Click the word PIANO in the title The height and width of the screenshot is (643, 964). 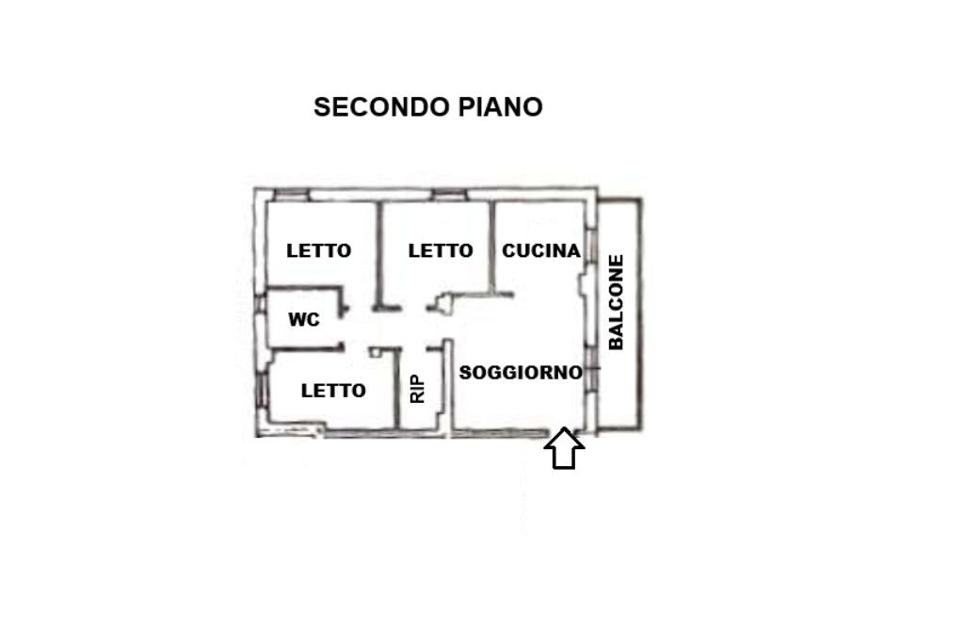[x=501, y=107]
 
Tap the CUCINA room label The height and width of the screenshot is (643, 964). [x=540, y=250]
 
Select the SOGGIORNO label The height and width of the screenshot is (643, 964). [x=521, y=373]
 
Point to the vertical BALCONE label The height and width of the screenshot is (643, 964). [x=617, y=302]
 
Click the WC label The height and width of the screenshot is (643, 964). [x=304, y=320]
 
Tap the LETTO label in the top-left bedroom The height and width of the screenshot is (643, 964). [x=319, y=250]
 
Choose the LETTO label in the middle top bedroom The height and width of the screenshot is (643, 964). [x=441, y=250]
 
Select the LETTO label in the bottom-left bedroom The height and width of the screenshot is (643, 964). [x=333, y=391]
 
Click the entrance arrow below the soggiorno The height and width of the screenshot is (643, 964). [x=564, y=449]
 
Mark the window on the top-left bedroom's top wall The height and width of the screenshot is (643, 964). [x=291, y=195]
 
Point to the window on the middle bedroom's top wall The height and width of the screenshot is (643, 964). [x=449, y=195]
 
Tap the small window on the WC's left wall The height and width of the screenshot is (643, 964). [x=259, y=319]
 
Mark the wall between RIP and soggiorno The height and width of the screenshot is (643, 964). [x=449, y=388]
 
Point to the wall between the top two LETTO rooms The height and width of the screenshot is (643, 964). [x=378, y=254]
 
